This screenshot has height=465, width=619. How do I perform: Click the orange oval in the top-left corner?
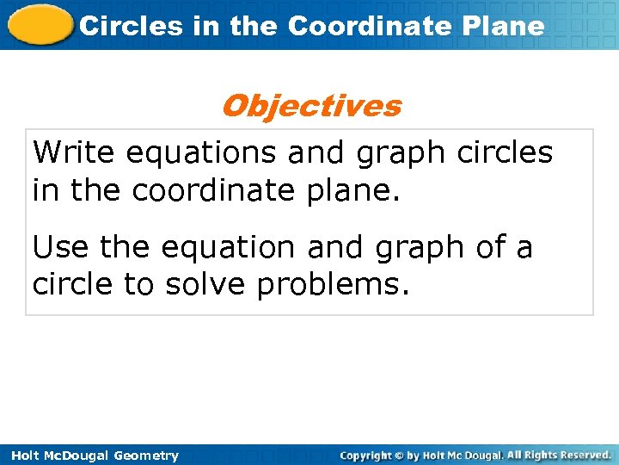coord(40,24)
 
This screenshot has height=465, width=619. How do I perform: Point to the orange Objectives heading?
coord(310,106)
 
